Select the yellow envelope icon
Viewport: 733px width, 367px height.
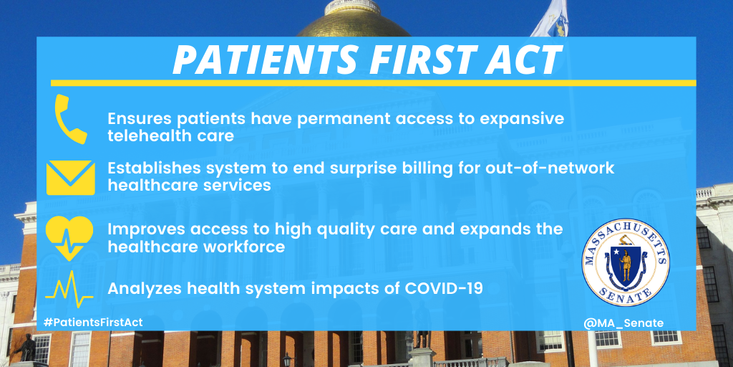[70, 177]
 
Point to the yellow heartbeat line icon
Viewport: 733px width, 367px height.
[69, 289]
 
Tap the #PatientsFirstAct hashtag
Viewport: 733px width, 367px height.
[93, 323]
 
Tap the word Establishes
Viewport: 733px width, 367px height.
[151, 168]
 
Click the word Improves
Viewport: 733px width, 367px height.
[144, 229]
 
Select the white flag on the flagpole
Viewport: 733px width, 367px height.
[550, 18]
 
